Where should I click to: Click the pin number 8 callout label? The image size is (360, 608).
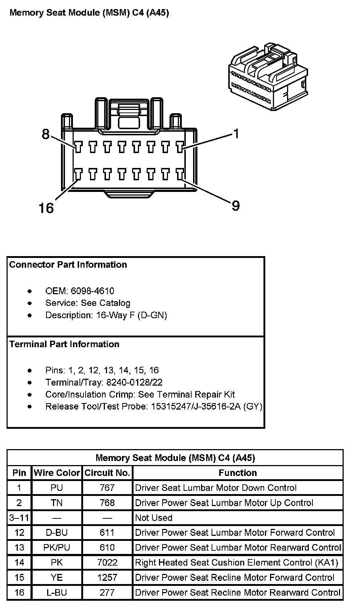coord(45,134)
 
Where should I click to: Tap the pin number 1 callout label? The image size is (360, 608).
coord(236,134)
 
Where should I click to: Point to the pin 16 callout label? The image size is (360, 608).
coord(46,208)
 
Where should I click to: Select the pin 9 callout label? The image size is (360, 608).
coord(236,206)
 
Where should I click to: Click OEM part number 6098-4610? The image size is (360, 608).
coord(92,291)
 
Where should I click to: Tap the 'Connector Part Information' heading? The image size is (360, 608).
coord(68,264)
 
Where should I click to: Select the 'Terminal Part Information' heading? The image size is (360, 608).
coord(64,344)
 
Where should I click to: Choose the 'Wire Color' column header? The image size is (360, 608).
coord(57,473)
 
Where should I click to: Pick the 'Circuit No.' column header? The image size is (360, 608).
coord(107,473)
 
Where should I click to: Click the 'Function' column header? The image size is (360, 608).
coord(238,473)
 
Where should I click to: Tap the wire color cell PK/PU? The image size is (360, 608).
coord(57,547)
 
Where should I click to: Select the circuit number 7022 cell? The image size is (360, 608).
coord(107,562)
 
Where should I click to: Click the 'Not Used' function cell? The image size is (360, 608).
coord(154,518)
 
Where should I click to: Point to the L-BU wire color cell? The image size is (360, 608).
coord(57,592)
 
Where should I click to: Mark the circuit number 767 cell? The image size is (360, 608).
coord(107,488)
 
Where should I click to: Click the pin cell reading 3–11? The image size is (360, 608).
coord(19,518)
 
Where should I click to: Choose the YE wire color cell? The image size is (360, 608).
coord(57,578)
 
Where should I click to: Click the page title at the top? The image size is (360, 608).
coord(89,13)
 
